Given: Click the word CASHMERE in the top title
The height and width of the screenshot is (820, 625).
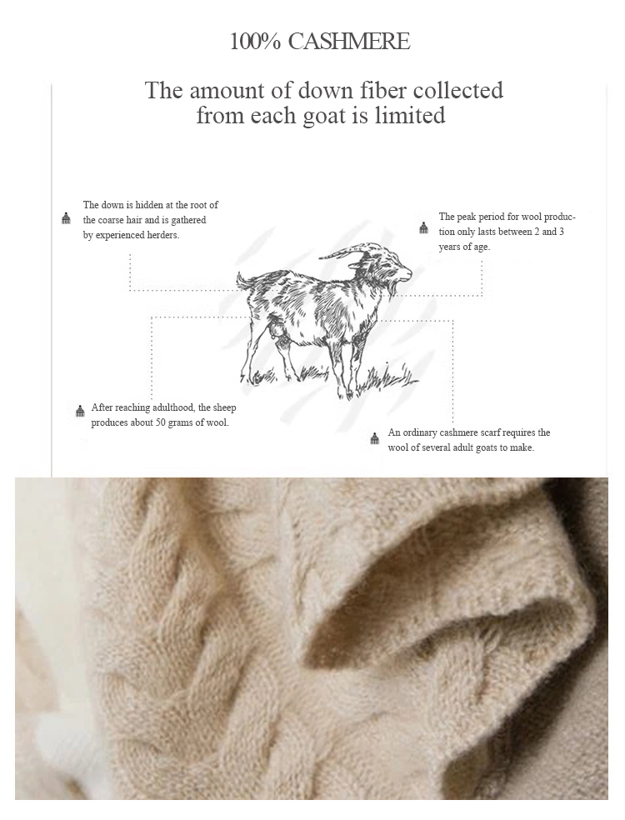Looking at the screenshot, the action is tap(349, 42).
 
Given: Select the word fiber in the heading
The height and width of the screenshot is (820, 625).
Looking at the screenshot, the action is tap(380, 90).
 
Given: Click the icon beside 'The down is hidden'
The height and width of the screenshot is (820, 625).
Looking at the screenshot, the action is tap(66, 219).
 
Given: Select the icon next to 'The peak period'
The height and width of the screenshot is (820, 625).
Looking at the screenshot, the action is tap(423, 229).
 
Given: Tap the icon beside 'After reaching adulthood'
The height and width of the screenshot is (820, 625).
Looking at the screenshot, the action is tap(79, 412).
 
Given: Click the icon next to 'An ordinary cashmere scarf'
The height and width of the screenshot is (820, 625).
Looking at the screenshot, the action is tap(374, 439).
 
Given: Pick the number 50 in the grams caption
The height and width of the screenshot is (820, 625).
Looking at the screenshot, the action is tap(161, 422).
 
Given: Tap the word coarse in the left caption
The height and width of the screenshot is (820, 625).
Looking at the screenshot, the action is tap(110, 220).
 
